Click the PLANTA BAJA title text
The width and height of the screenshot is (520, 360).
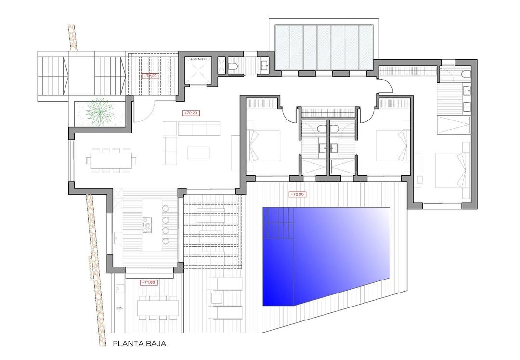pyautogui.click(x=140, y=344)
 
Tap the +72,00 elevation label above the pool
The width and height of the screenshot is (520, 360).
pyautogui.click(x=297, y=195)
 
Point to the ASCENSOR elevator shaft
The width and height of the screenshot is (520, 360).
pyautogui.click(x=198, y=72)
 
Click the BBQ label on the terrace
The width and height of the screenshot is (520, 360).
pyautogui.click(x=118, y=307)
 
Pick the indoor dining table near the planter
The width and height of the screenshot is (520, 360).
pyautogui.click(x=111, y=160)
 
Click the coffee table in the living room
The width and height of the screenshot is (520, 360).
pyautogui.click(x=198, y=152)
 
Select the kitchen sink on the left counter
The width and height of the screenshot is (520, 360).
pyautogui.click(x=117, y=237)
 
